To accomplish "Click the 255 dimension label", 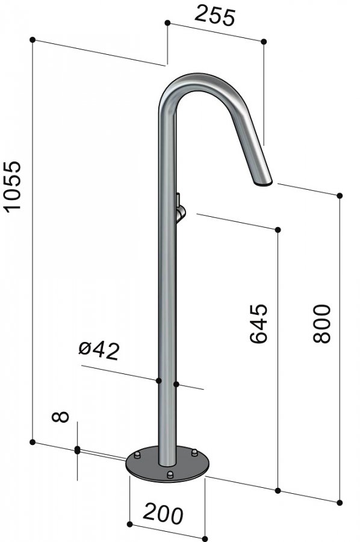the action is point(215,16).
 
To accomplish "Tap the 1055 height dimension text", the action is point(12,185).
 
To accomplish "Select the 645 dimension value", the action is point(258,323).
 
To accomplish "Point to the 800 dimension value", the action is point(321,323).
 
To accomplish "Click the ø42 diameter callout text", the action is point(99,351).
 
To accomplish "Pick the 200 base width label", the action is point(163,514).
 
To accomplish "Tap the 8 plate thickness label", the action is point(60,417).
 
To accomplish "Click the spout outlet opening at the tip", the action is point(264,183).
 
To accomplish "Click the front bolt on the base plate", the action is point(170,475).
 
